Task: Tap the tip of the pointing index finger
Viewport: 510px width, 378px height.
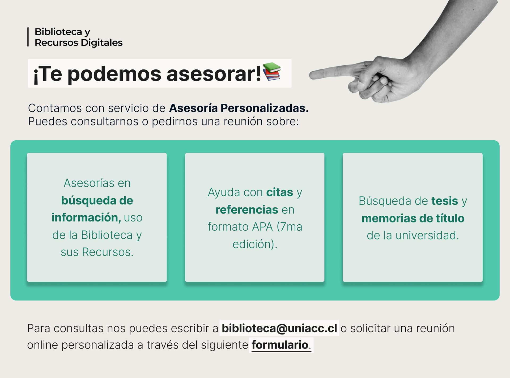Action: point(310,75)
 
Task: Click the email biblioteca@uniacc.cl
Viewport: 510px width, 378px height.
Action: point(279,328)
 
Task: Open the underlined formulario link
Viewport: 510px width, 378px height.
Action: point(280,345)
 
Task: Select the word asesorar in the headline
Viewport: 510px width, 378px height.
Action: point(214,74)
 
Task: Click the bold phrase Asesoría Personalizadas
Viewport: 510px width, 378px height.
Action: point(239,108)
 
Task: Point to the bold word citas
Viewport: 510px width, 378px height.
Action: point(280,192)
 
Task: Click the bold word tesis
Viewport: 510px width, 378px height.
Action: point(445,201)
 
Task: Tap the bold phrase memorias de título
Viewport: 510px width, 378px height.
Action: point(413,218)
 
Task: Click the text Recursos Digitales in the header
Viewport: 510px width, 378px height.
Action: point(79,43)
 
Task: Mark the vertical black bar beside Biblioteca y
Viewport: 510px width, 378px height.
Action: point(28,37)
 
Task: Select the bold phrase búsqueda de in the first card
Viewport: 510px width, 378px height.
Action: point(97,201)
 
